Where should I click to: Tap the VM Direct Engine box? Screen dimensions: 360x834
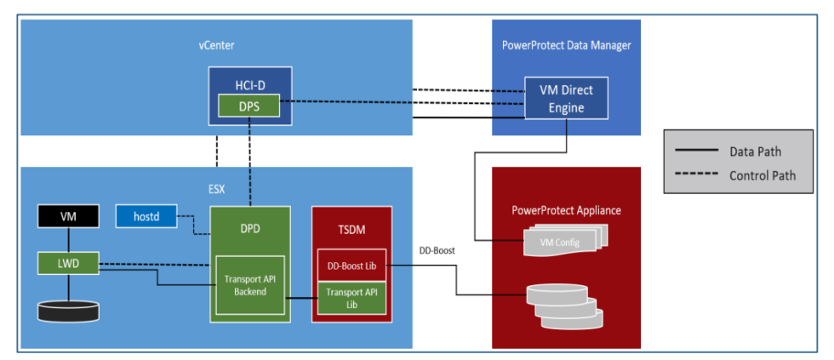pyautogui.click(x=566, y=98)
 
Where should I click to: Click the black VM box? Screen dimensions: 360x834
pyautogui.click(x=69, y=217)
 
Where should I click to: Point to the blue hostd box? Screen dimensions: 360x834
pyautogui.click(x=146, y=217)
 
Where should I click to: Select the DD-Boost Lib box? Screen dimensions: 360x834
pyautogui.click(x=351, y=266)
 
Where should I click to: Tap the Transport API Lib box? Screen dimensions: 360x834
pyautogui.click(x=351, y=299)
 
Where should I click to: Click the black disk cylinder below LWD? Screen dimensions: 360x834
pyautogui.click(x=69, y=309)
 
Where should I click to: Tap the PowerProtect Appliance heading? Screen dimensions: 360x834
pyautogui.click(x=566, y=209)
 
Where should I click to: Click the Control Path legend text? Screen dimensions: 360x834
pyautogui.click(x=763, y=176)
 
